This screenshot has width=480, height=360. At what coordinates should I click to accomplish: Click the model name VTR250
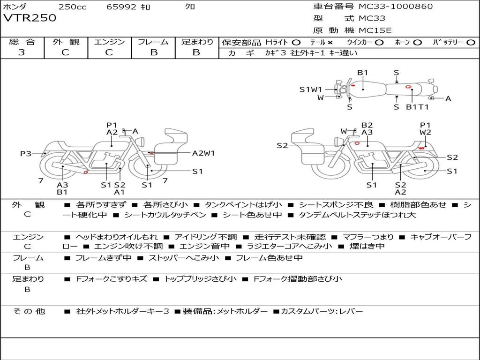(x=30, y=18)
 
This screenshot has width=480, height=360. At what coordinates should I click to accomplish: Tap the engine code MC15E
(x=375, y=30)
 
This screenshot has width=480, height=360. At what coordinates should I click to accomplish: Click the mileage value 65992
(x=121, y=7)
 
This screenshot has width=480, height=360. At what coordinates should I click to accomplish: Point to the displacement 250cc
(x=72, y=7)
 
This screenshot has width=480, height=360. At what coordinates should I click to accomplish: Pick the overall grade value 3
(x=22, y=52)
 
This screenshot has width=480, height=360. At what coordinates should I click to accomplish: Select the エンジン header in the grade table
(x=109, y=42)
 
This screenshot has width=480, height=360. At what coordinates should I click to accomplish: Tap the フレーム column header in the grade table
(x=153, y=42)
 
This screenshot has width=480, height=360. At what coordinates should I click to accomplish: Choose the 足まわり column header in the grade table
(x=197, y=42)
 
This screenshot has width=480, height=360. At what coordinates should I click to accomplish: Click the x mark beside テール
(x=330, y=42)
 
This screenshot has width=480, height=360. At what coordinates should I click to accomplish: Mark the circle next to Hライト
(x=296, y=42)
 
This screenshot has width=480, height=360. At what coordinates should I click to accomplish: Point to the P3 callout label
(x=26, y=153)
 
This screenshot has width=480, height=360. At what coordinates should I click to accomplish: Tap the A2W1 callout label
(x=203, y=153)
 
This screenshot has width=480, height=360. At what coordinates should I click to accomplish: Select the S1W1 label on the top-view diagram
(x=311, y=89)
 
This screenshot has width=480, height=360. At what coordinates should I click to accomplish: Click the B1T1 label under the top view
(x=417, y=107)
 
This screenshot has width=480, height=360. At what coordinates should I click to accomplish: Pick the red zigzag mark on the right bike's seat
(x=421, y=148)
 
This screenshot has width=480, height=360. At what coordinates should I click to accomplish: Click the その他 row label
(x=29, y=311)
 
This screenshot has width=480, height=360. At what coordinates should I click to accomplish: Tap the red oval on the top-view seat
(x=409, y=87)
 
